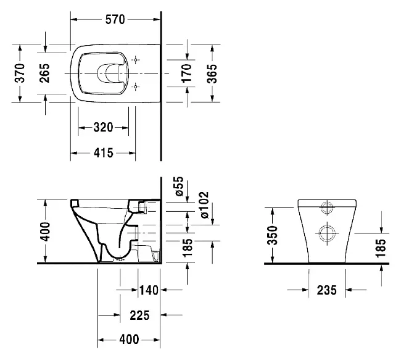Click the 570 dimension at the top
coord(115,20)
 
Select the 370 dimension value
coord(20,73)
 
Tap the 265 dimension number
coord(44,73)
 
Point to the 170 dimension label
coord(186,73)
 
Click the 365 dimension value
coord(212,73)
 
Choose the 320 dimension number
coord(103,127)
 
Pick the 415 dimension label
coord(103,153)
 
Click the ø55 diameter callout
coord(180,186)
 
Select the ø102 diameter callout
coord(205,205)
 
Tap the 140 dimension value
coord(149,290)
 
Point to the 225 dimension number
coord(139,315)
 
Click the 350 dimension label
coord(272,235)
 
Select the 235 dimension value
coord(326,290)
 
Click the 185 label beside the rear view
coord(381,248)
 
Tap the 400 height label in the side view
coord(46,232)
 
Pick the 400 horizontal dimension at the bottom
coord(129,340)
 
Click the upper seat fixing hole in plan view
coord(136,60)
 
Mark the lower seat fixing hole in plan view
coord(136,86)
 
